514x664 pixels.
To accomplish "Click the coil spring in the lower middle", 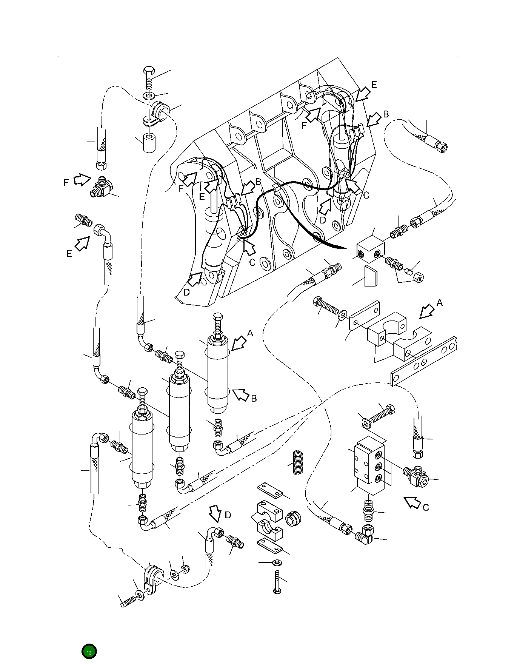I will pyautogui.click(x=299, y=463).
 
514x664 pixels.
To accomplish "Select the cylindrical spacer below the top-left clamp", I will pyautogui.click(x=149, y=143).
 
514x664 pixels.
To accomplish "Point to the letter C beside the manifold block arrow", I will pyautogui.click(x=425, y=508).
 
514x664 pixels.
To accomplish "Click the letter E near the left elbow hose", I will pyautogui.click(x=69, y=254).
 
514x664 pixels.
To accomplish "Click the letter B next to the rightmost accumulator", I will pyautogui.click(x=254, y=398).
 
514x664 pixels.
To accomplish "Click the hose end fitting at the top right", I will pyautogui.click(x=440, y=145).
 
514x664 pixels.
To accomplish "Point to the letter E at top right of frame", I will pyautogui.click(x=374, y=85).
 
